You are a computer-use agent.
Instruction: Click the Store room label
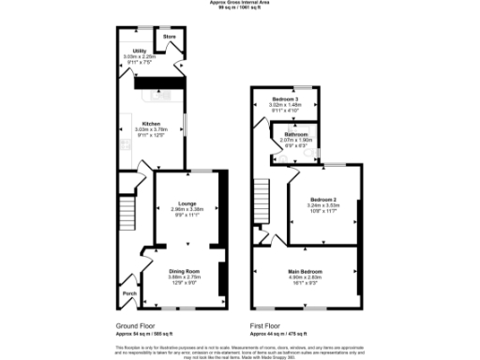(170, 37)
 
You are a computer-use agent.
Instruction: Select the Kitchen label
(152, 123)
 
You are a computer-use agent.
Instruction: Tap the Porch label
(127, 292)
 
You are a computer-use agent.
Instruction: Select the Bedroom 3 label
(286, 99)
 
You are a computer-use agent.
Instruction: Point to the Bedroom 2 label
(323, 199)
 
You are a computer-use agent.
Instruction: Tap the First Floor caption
(266, 326)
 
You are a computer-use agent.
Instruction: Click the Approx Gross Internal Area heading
(240, 4)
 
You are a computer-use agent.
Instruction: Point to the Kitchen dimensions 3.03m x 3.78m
(152, 130)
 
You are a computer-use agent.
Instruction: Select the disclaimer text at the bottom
(240, 349)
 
